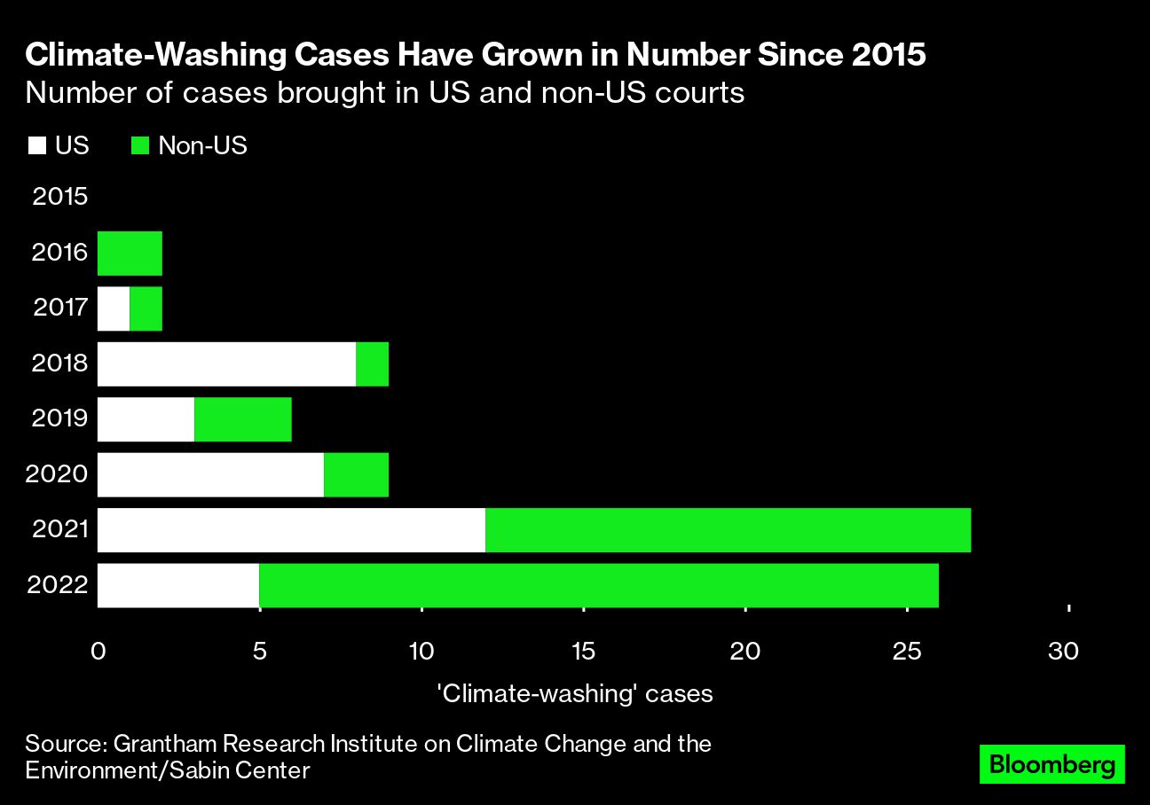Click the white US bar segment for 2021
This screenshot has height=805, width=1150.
point(291,530)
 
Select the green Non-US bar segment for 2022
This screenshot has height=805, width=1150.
point(599,585)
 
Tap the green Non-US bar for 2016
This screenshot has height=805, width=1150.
point(130,254)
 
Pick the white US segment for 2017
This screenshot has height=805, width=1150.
point(114,309)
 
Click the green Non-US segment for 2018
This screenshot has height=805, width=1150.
point(372,363)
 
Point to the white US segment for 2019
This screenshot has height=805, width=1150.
point(146,419)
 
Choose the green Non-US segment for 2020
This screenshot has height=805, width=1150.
point(356,474)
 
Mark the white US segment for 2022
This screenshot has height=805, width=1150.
point(177,585)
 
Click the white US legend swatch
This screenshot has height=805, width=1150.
point(36,146)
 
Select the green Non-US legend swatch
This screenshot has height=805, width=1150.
point(139,146)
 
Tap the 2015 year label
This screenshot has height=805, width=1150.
point(59,197)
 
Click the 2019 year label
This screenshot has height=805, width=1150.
point(59,418)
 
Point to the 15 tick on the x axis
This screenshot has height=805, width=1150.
point(583,652)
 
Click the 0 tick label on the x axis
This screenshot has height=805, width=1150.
point(98,652)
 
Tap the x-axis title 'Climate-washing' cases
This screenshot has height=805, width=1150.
point(576,693)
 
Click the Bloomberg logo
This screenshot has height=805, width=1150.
point(1052,764)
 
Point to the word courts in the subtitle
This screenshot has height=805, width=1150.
point(700,93)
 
